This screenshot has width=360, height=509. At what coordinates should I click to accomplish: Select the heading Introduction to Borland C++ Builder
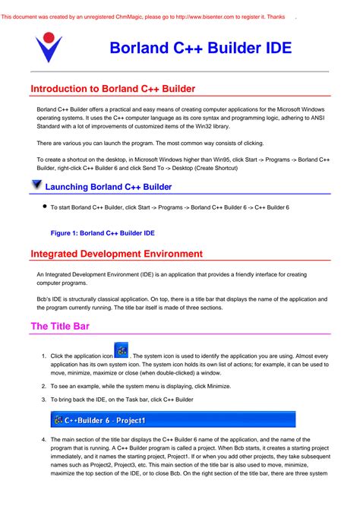point(118,89)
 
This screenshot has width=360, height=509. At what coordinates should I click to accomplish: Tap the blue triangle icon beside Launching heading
point(36,185)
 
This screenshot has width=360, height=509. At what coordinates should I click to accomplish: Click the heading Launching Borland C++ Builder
point(119,187)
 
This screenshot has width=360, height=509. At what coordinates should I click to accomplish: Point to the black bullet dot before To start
point(46,206)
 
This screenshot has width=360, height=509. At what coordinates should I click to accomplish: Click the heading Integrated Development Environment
point(127,254)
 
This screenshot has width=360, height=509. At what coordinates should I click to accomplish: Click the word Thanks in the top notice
point(275,16)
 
